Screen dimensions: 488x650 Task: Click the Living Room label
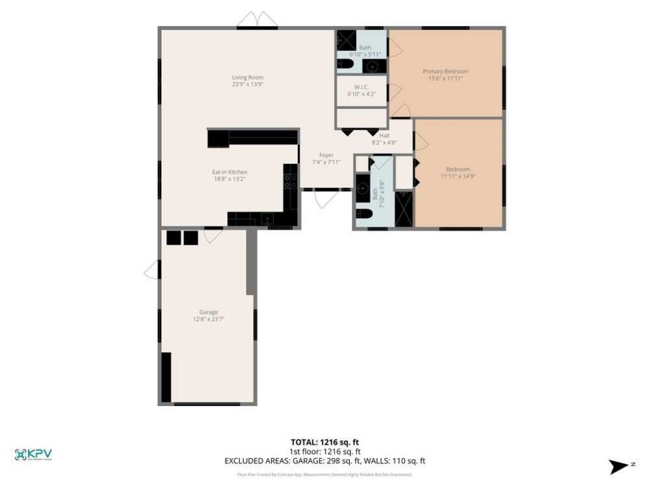(x=248, y=78)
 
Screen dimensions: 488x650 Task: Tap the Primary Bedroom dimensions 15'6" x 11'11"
(x=445, y=78)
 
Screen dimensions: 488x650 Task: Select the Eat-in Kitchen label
(x=229, y=172)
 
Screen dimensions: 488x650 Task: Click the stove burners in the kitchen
(x=290, y=180)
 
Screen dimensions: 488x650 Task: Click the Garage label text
(x=208, y=312)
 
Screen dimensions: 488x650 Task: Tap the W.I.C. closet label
(x=361, y=87)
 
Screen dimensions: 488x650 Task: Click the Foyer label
(x=326, y=155)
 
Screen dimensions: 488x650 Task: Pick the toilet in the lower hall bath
(x=364, y=214)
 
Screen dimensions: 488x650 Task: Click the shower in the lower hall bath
(x=404, y=208)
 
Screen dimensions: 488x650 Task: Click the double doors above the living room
(x=257, y=20)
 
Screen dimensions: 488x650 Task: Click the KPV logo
(x=33, y=454)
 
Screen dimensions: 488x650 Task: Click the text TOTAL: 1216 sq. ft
(x=325, y=442)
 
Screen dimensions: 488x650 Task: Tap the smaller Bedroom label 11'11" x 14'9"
(x=458, y=172)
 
